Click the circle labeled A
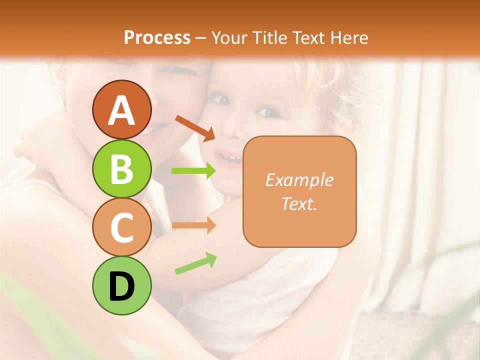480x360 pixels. pos(121,109)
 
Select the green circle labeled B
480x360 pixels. pos(121,168)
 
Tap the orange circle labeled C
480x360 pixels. pos(121,227)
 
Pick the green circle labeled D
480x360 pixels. pos(121,285)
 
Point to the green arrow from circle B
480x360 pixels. pos(193,171)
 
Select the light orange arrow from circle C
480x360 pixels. pos(193,226)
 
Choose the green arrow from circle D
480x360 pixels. pos(195,263)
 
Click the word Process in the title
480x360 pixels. pos(157,37)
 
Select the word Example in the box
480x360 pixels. pos(299,180)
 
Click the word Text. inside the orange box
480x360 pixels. pos(299,203)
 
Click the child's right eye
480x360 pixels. pos(223,100)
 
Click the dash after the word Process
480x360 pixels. pos(201,37)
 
